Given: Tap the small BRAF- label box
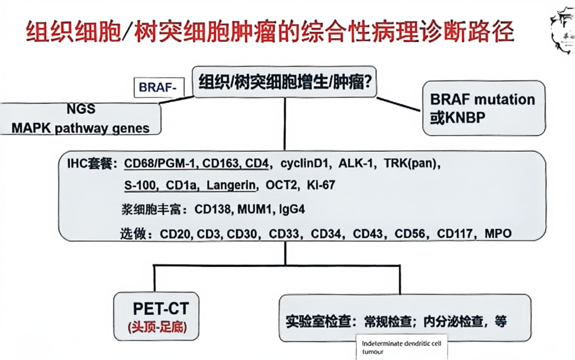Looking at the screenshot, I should [158, 87].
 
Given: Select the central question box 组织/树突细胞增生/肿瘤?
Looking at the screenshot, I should [285, 83].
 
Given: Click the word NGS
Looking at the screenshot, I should [81, 109].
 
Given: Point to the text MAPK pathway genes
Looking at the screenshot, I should [81, 128].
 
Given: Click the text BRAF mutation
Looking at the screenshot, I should [482, 100].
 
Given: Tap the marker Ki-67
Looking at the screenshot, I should [321, 185].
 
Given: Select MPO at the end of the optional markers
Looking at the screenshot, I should [498, 234].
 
